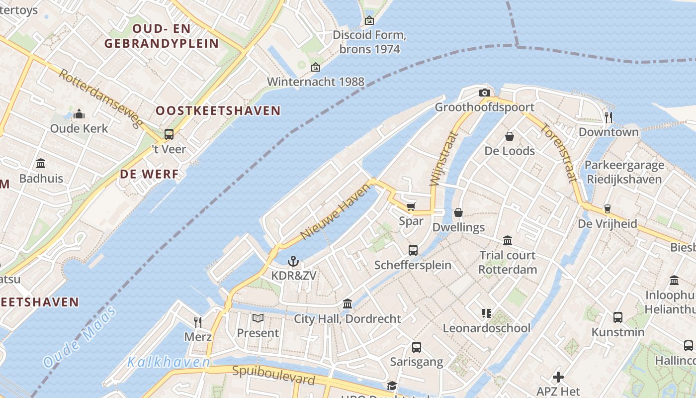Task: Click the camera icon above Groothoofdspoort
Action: (x=484, y=93)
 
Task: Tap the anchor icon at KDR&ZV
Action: (x=293, y=261)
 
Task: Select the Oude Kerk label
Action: (x=79, y=128)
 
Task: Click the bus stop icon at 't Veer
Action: (x=169, y=134)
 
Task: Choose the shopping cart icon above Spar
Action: (x=411, y=206)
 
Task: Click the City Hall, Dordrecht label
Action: (x=348, y=319)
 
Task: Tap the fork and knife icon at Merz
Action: (x=198, y=322)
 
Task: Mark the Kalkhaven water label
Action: (x=169, y=362)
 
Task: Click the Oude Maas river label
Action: (x=80, y=337)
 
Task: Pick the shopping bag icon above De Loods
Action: (x=509, y=136)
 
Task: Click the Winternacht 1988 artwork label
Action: (x=315, y=82)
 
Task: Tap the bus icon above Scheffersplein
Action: (x=413, y=250)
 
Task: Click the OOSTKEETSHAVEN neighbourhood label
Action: (x=218, y=111)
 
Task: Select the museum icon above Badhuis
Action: (x=41, y=164)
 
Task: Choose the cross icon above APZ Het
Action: (x=558, y=377)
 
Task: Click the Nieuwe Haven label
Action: (x=336, y=211)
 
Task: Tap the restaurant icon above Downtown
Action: (x=608, y=117)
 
